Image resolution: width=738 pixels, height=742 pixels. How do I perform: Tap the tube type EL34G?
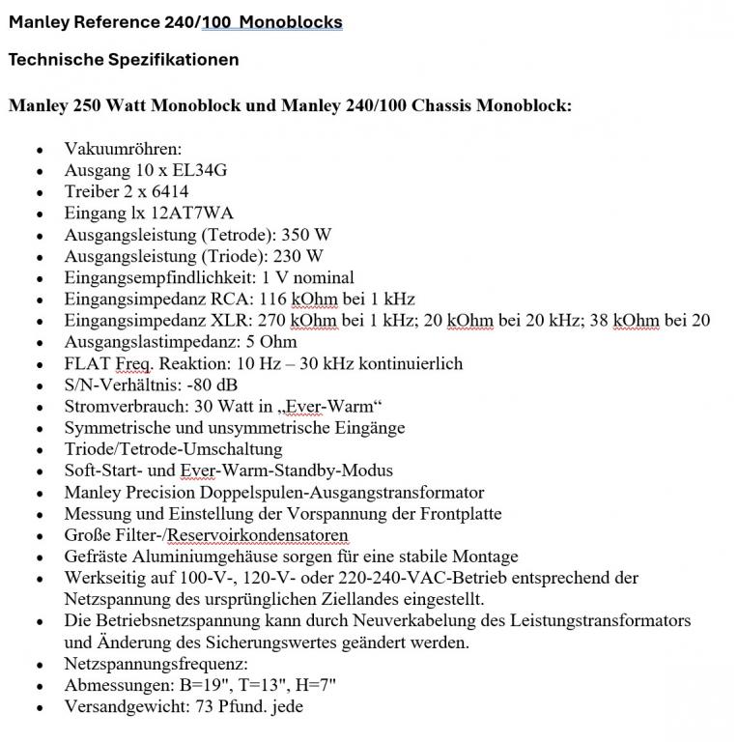(x=199, y=170)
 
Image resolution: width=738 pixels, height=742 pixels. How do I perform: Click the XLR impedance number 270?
(x=275, y=321)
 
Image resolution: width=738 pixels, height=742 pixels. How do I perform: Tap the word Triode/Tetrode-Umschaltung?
(x=173, y=449)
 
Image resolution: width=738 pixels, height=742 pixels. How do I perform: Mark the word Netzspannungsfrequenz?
(x=156, y=664)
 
